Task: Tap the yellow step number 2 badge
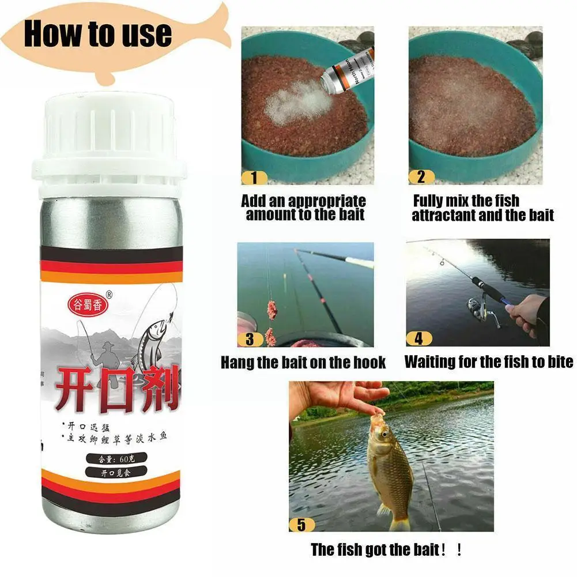421,177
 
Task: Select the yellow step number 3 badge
250,339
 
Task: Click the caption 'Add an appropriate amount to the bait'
304,208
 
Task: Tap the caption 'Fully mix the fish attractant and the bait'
482,208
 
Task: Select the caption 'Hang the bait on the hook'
303,363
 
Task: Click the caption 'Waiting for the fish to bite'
489,362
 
